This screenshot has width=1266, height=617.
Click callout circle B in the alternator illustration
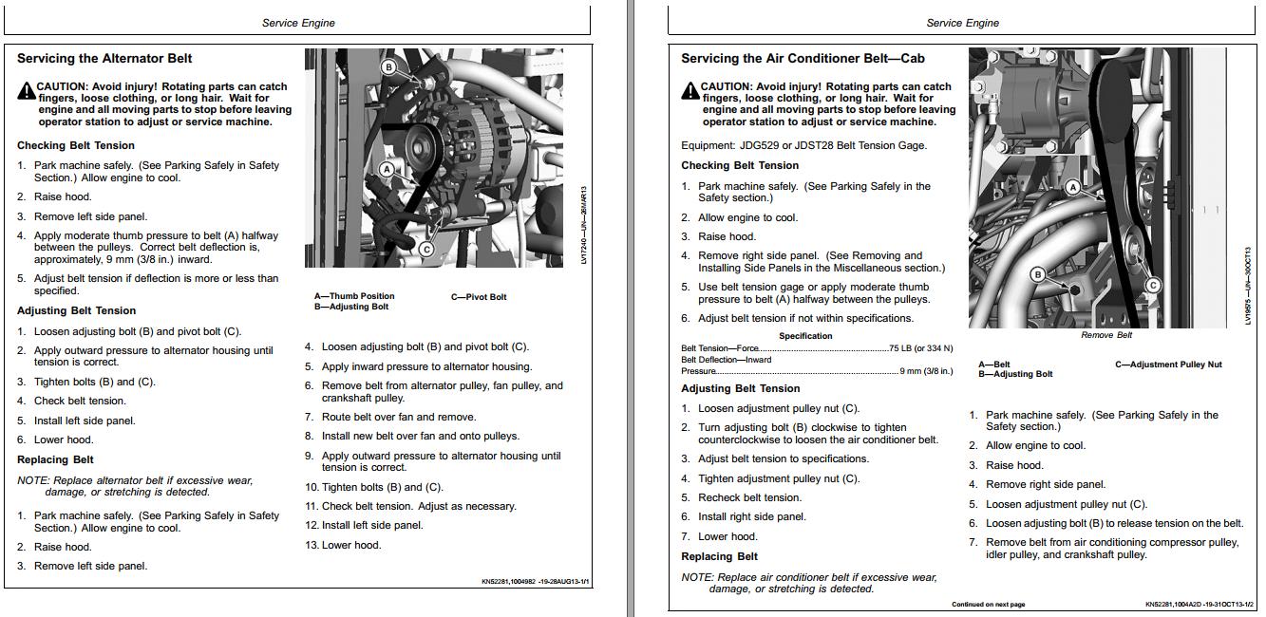388,66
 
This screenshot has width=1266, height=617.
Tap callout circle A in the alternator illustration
387,169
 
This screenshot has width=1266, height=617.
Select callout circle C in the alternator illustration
425,250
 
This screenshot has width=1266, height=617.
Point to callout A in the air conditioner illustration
1073,187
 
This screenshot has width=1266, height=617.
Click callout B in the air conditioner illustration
1038,274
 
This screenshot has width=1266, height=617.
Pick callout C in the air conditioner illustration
1153,285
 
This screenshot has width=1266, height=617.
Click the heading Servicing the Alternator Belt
104,59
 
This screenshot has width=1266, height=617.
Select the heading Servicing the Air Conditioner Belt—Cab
803,59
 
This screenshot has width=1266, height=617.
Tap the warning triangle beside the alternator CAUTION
26,91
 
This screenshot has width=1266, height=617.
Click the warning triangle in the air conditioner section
690,91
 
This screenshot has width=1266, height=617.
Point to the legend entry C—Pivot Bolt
479,297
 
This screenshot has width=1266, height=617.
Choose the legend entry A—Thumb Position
354,296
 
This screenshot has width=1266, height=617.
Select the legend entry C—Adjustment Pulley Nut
1168,365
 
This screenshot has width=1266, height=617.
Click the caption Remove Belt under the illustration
1106,335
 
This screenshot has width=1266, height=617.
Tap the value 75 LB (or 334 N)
920,348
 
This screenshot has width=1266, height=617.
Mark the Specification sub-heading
805,336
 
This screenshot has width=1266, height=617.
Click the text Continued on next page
988,605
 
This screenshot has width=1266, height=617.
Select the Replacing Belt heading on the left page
55,459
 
